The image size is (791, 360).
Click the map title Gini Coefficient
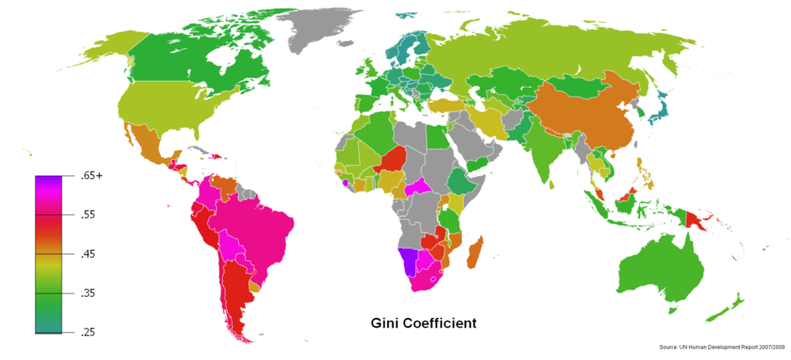point(423,324)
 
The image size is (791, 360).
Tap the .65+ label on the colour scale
point(92,176)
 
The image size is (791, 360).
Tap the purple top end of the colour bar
point(48,180)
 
